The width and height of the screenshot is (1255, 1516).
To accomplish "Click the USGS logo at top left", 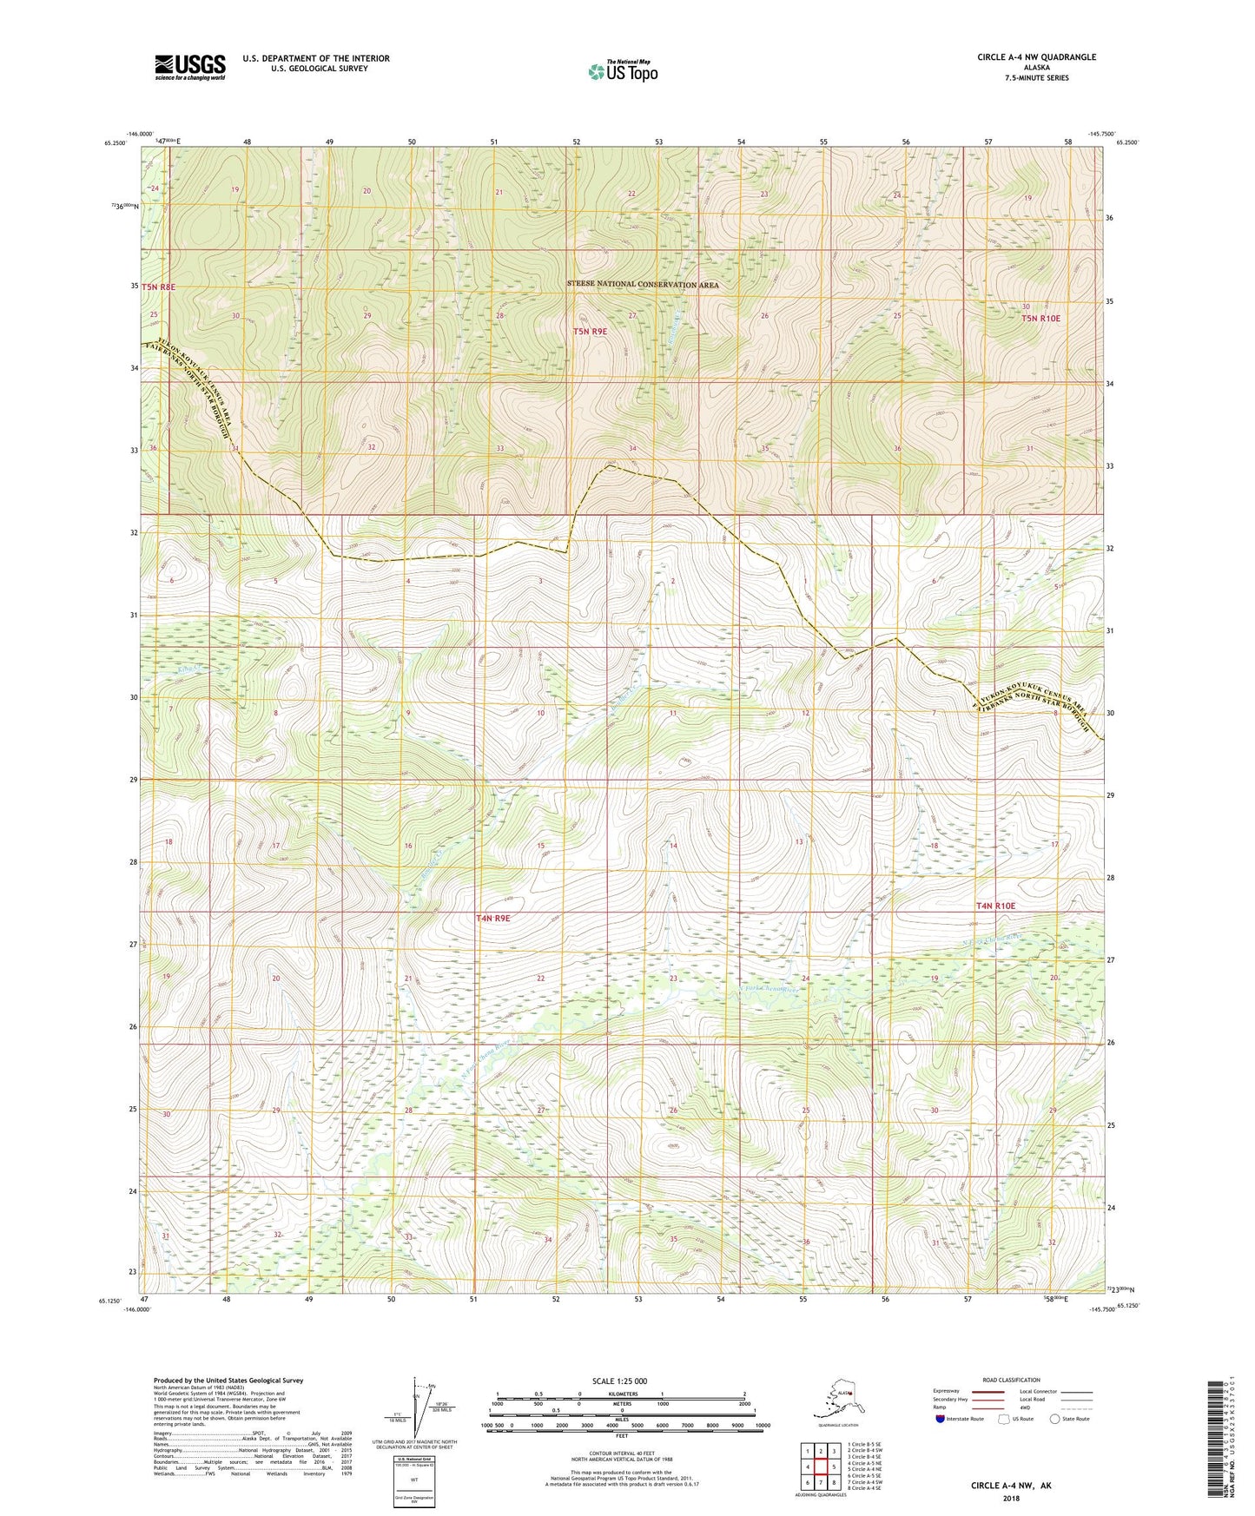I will [x=189, y=67].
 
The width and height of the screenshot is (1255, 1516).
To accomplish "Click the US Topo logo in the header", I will [x=622, y=71].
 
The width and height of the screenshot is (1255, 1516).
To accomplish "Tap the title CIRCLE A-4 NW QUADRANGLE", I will [x=1036, y=57].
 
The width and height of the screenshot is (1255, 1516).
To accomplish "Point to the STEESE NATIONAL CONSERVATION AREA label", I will [x=643, y=285].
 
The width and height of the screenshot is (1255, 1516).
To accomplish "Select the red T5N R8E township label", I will [x=159, y=287].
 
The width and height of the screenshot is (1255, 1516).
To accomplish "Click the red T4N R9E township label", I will [x=497, y=918].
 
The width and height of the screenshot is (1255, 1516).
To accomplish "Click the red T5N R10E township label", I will [x=1040, y=319].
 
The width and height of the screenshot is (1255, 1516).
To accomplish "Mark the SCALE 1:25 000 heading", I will [x=620, y=1381].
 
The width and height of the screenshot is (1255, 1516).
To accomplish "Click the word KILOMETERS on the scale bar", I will [x=621, y=1394].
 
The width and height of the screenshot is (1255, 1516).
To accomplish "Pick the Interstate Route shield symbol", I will [x=940, y=1419].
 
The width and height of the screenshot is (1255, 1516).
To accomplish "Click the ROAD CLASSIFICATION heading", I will [x=1010, y=1380].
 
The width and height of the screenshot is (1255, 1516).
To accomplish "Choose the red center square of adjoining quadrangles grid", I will [x=821, y=1467].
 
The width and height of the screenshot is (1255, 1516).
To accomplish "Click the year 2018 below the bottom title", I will [x=1010, y=1498].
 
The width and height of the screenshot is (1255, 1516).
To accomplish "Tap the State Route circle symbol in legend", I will [x=1055, y=1419].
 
